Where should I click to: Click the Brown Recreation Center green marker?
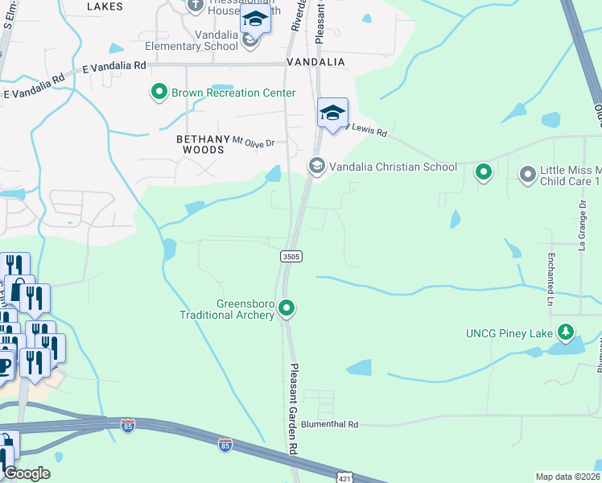pyautogui.click(x=159, y=93)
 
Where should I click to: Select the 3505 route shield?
pyautogui.click(x=291, y=256)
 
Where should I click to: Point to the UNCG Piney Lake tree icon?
pyautogui.click(x=566, y=332)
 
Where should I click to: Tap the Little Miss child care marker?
pyautogui.click(x=528, y=173)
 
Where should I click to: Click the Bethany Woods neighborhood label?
pyautogui.click(x=202, y=144)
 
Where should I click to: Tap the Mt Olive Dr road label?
pyautogui.click(x=254, y=142)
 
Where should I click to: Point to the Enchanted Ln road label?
pyautogui.click(x=550, y=278)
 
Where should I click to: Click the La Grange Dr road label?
pyautogui.click(x=583, y=227)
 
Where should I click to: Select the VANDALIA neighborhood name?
pyautogui.click(x=315, y=62)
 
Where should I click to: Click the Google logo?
pyautogui.click(x=27, y=473)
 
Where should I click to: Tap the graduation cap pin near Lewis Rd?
pyautogui.click(x=332, y=114)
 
